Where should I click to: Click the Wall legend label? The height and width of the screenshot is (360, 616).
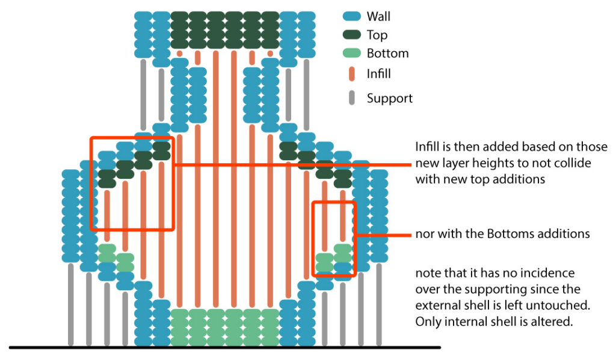(x=378, y=17)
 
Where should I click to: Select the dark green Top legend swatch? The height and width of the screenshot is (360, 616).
(x=352, y=35)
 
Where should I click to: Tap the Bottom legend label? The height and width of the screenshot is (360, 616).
(x=387, y=53)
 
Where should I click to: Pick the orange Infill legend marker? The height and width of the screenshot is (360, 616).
(x=352, y=73)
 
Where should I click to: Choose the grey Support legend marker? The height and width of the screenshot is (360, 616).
(x=352, y=97)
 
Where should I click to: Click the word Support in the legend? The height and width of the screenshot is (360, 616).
(x=390, y=98)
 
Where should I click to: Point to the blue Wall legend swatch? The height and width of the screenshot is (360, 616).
(x=352, y=17)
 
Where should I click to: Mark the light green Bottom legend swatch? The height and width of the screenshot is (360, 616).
(x=352, y=53)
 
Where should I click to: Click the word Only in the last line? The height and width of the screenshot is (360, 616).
(x=428, y=321)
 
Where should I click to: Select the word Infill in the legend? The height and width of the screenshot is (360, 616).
(x=379, y=74)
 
